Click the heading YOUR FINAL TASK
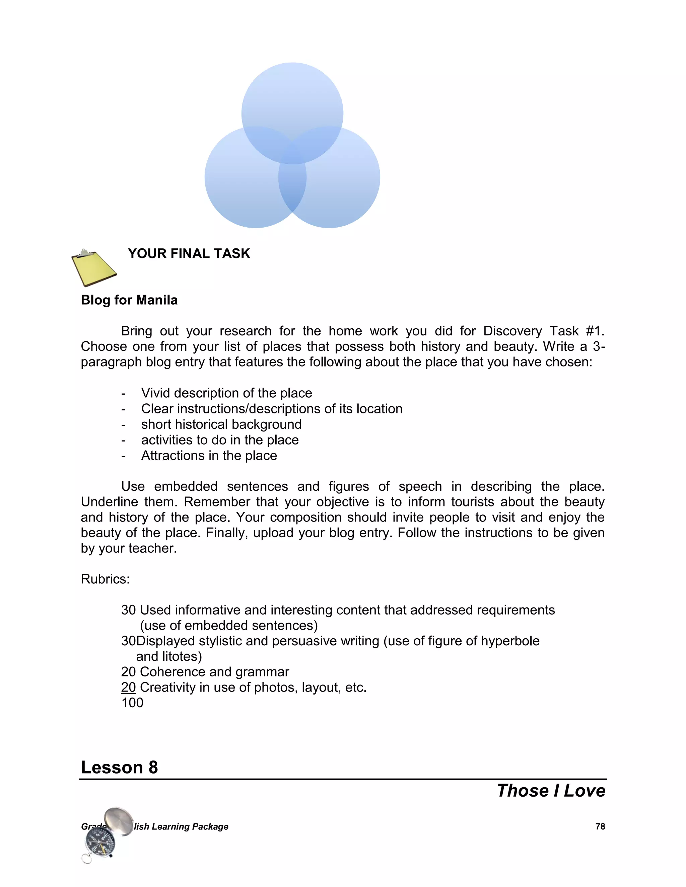(189, 253)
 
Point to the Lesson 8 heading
(120, 767)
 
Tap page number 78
(600, 826)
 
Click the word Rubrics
(105, 579)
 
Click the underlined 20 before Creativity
(128, 687)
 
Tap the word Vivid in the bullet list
(156, 393)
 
